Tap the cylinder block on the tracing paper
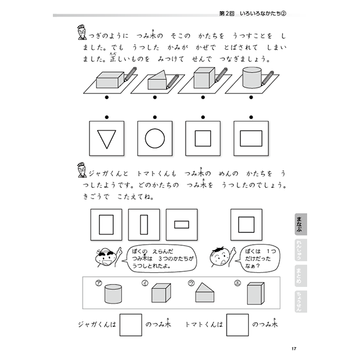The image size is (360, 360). pos(251,79)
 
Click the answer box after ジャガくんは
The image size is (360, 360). pos(131,325)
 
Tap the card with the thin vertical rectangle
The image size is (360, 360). pos(143,224)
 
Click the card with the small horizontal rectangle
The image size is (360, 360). pos(181,224)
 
